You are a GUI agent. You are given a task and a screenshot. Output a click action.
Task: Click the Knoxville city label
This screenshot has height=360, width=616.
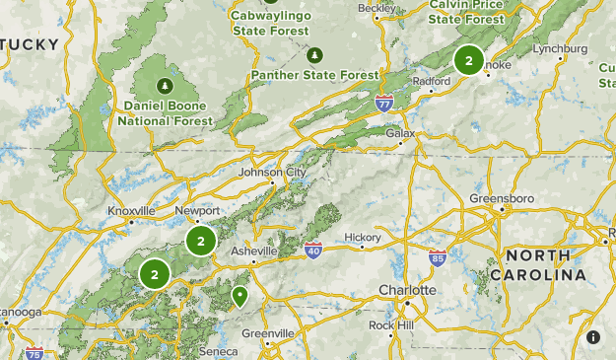(132, 211)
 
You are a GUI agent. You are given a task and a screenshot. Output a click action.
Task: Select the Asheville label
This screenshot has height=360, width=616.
(253, 252)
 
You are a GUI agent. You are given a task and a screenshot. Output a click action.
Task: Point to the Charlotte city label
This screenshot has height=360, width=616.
(407, 291)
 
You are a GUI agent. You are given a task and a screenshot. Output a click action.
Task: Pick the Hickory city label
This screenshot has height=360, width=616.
(363, 238)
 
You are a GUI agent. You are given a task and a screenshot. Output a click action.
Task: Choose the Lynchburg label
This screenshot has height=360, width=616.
(559, 48)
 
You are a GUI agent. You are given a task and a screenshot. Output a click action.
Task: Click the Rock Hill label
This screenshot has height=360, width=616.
(393, 325)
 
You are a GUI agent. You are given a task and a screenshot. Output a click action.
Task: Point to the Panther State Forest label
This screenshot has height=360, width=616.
(314, 75)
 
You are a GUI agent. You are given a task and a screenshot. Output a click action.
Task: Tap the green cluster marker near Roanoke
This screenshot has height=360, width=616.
(468, 60)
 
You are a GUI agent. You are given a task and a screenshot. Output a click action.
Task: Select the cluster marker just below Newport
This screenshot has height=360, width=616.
(200, 240)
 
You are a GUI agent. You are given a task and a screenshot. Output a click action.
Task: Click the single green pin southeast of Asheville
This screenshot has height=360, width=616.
(239, 295)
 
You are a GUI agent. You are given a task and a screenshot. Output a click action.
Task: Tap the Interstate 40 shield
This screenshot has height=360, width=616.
(313, 251)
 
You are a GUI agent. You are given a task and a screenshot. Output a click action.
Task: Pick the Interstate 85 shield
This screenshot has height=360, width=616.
(439, 259)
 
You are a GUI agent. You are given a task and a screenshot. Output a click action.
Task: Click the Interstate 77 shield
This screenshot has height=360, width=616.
(384, 102)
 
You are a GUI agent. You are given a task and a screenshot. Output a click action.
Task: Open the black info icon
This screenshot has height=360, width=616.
(593, 337)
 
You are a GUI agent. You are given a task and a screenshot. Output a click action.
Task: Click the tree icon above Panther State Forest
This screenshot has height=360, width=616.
(314, 54)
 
